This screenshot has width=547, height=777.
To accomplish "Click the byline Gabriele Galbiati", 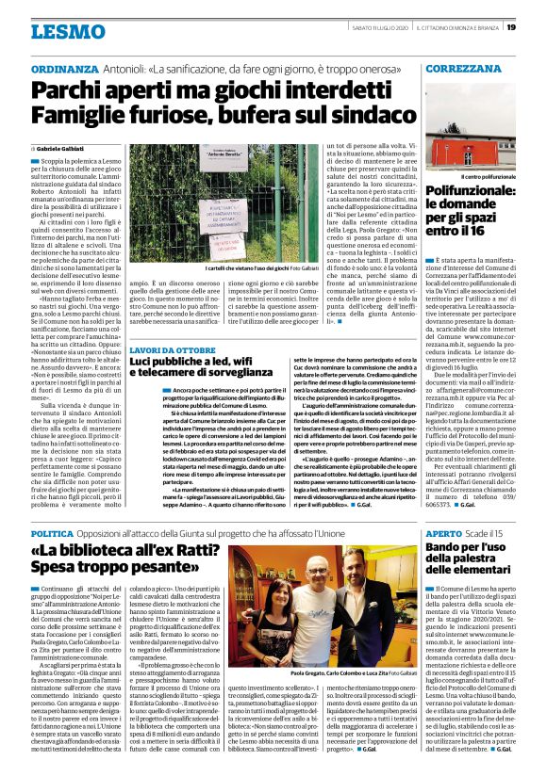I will [x=64, y=149].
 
